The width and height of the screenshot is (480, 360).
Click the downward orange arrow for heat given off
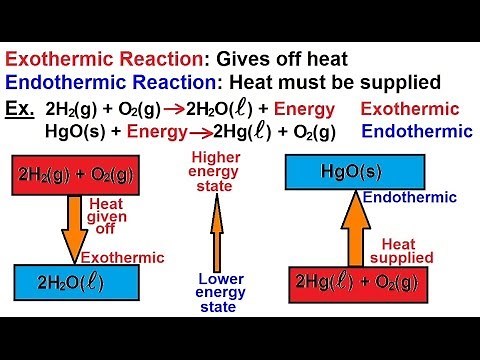point(74,229)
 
